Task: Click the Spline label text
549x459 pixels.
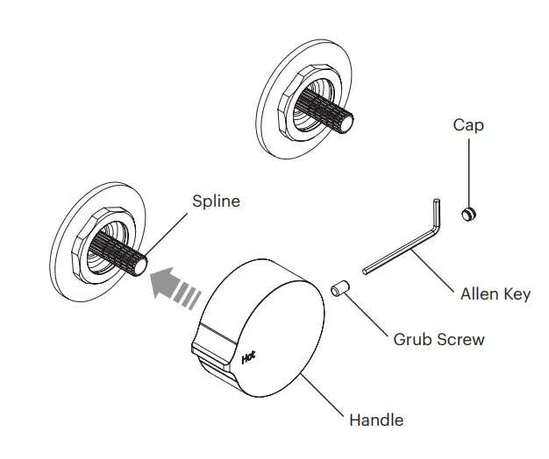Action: click(x=216, y=201)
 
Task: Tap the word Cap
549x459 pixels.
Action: click(x=467, y=125)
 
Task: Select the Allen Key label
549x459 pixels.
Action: click(x=496, y=294)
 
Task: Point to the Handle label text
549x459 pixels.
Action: click(x=376, y=420)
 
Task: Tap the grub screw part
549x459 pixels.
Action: click(x=340, y=287)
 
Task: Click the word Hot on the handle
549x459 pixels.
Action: click(x=248, y=357)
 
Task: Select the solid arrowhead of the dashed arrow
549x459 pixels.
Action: click(x=163, y=282)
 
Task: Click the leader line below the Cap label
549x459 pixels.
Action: click(x=468, y=171)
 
